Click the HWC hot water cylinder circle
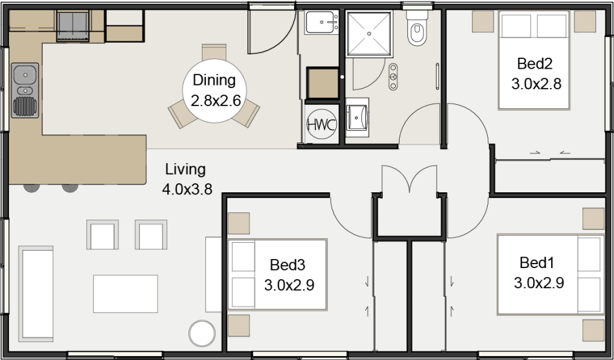point(321,124)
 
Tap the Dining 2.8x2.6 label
point(214,91)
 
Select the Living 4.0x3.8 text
point(187,179)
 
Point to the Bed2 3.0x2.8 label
point(536,74)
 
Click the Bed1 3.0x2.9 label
point(538,273)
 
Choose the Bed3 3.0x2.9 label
point(289,275)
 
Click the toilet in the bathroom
point(416,28)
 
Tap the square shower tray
point(369,34)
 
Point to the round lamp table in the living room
point(202,333)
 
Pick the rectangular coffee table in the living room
point(125,293)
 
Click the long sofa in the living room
point(36,293)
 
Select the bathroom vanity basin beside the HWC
point(357,117)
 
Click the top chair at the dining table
point(214,52)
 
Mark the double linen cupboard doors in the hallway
point(409,179)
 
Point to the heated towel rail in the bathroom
point(437,76)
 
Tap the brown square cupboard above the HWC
point(323,83)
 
